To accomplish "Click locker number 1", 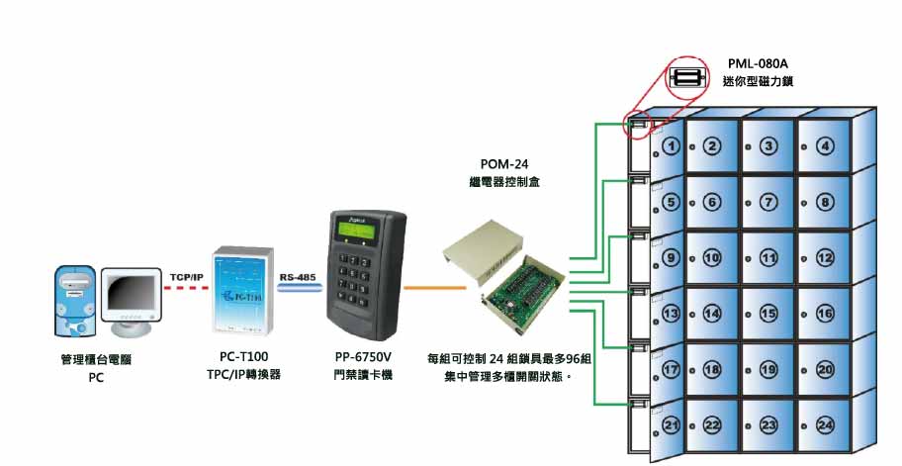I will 672,146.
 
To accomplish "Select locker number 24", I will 825,424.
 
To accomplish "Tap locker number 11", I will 768,257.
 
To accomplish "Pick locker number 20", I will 825,369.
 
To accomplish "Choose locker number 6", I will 711,202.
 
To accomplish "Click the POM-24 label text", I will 503,164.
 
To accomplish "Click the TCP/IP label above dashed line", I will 186,276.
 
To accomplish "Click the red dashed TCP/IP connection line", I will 186,288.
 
